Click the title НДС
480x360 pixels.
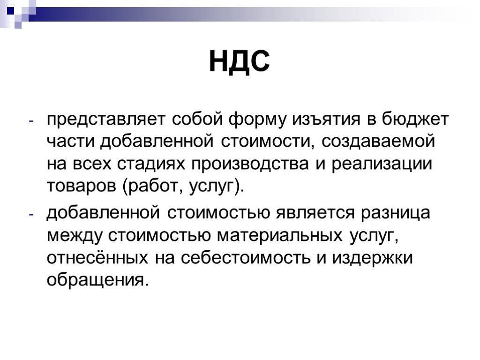click(240, 61)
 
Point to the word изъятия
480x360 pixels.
click(326, 120)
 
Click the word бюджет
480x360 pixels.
click(415, 120)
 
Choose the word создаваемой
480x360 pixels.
click(378, 142)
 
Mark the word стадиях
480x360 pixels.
click(151, 164)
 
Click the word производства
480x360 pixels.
click(250, 164)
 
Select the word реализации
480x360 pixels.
click(382, 164)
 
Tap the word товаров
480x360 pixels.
click(82, 186)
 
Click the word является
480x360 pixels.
click(315, 213)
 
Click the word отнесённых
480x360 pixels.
click(97, 257)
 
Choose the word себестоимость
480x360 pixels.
click(245, 257)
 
